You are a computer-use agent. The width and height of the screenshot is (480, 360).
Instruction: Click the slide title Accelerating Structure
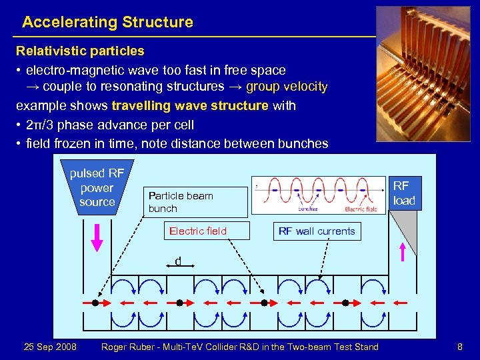click(x=107, y=22)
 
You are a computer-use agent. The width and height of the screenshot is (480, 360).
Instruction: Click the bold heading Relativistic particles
click(x=80, y=51)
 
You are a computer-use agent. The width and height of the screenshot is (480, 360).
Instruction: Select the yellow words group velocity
click(x=287, y=86)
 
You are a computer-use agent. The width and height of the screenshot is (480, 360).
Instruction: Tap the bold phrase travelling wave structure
click(x=190, y=105)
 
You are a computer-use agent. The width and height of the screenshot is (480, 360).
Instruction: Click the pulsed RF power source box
click(x=97, y=187)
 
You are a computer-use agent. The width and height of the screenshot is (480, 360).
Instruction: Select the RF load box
click(x=404, y=193)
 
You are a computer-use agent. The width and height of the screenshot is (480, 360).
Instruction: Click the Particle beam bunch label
click(x=181, y=202)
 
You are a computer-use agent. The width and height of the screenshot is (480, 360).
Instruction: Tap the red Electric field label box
click(x=198, y=231)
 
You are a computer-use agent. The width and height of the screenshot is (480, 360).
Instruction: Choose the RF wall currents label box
click(x=317, y=231)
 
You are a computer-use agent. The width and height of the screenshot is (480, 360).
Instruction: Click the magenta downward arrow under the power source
click(x=97, y=237)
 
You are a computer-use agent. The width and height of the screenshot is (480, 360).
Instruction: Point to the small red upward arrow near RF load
click(x=402, y=253)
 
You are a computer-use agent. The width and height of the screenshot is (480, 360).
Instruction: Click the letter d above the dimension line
click(x=178, y=261)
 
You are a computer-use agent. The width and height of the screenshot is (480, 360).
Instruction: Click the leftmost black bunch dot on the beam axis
click(x=95, y=303)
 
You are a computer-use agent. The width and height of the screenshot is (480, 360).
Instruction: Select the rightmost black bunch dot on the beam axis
click(x=345, y=303)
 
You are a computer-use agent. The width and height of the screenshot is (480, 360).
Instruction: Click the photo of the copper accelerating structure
click(x=423, y=74)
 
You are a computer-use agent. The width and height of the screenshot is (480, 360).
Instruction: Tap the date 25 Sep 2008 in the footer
click(x=50, y=347)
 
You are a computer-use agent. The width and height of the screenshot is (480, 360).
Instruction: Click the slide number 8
click(x=459, y=347)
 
